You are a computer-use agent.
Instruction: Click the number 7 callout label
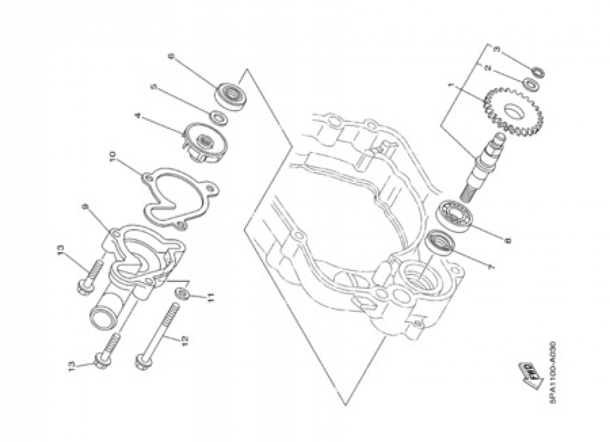point(488,267)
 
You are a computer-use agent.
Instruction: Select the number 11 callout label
point(209,298)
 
